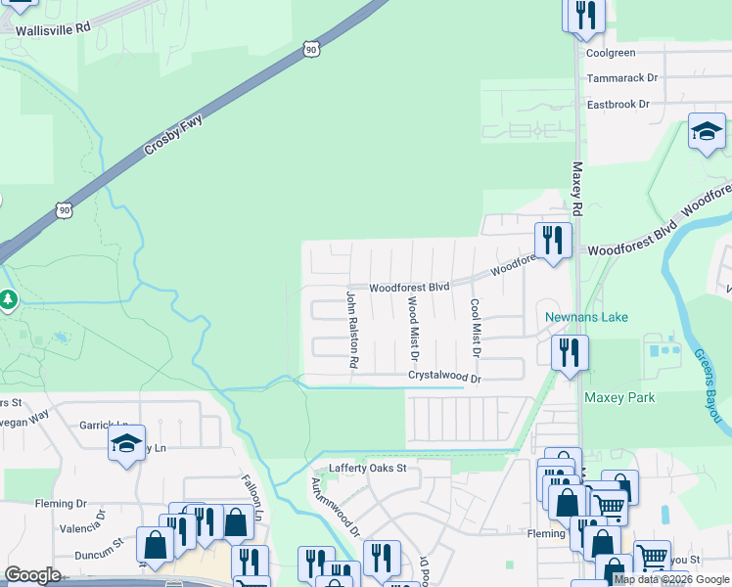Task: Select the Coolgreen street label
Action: click(611, 53)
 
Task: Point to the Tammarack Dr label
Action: click(621, 78)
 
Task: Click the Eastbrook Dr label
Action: click(618, 104)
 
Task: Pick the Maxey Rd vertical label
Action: click(577, 190)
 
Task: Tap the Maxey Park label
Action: click(619, 398)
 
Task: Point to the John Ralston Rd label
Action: click(352, 329)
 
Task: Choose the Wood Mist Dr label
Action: click(412, 327)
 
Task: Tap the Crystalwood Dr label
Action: click(445, 377)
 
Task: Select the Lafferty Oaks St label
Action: click(367, 469)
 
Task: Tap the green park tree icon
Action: click(9, 298)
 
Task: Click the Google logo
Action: click(32, 575)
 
